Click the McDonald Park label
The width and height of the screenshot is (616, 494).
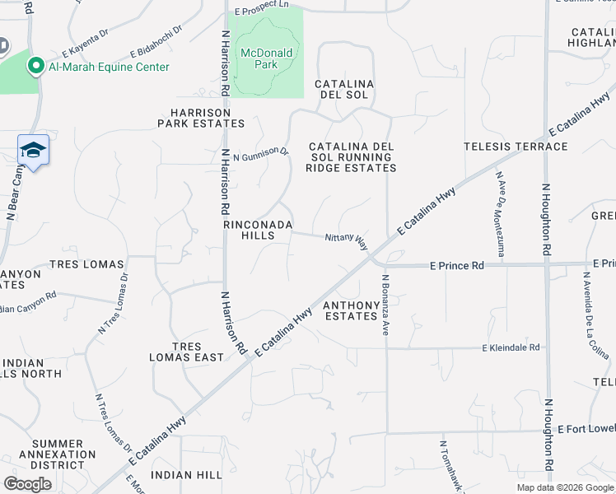(x=265, y=60)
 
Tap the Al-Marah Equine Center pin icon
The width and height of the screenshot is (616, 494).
(x=36, y=66)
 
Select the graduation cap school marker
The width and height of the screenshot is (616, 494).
(x=33, y=151)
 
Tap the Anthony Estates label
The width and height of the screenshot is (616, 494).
(x=351, y=310)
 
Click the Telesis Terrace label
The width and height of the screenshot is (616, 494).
(x=516, y=147)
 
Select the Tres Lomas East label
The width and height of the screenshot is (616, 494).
(x=186, y=352)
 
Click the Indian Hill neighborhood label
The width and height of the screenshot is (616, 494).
(x=187, y=475)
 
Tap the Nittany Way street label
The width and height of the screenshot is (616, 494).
(x=346, y=240)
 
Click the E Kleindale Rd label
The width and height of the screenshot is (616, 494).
(x=511, y=348)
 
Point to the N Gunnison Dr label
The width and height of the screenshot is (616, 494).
(x=261, y=154)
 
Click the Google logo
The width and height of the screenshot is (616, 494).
(x=28, y=484)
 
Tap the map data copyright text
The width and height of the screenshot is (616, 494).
(x=564, y=487)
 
